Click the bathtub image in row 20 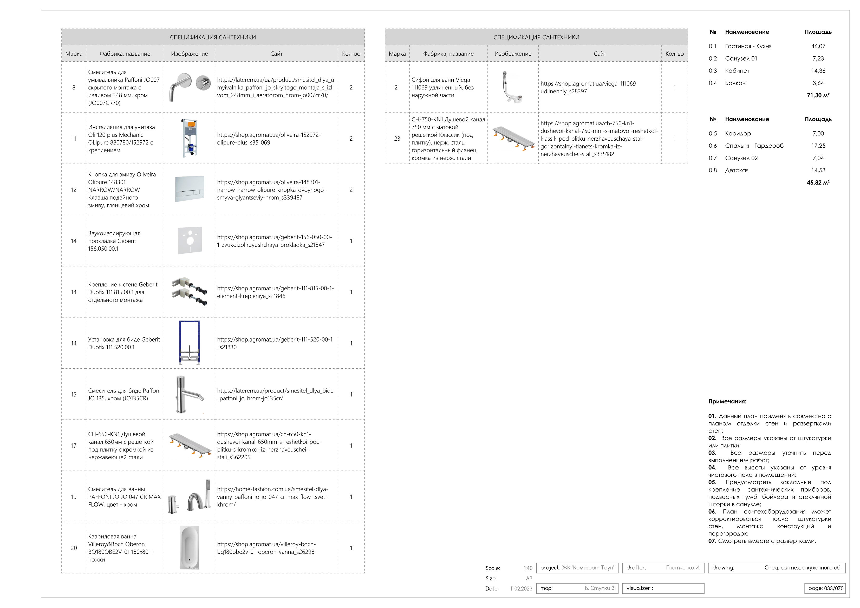coord(190,547)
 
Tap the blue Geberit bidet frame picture coord(190,343)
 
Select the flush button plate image coord(190,189)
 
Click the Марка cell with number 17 coord(74,446)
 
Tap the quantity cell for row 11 coord(351,139)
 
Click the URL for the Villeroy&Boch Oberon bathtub coord(266,548)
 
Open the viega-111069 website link coord(589,87)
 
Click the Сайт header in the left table coord(276,54)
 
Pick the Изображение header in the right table coord(513,54)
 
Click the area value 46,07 coord(818,46)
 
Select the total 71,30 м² coord(818,95)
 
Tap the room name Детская coord(737,171)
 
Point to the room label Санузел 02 coord(741,158)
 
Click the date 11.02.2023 coord(521,589)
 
